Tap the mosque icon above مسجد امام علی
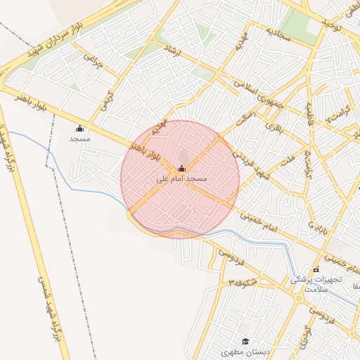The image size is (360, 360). (x=181, y=168)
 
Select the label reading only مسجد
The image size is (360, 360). (x=79, y=139)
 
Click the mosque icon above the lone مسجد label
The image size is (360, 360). (x=79, y=128)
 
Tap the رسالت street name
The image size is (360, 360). (x=242, y=120)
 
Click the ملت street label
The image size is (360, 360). (x=286, y=161)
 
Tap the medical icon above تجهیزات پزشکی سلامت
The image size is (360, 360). (x=316, y=269)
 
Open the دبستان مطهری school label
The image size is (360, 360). (x=241, y=350)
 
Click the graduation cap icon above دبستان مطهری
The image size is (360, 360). (x=245, y=341)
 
